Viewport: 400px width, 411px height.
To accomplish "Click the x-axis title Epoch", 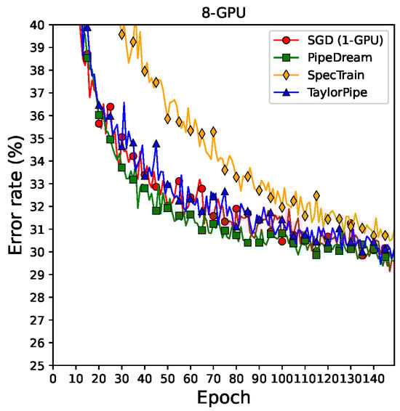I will coord(224,397).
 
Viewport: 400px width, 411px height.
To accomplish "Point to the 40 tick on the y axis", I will coord(38,25).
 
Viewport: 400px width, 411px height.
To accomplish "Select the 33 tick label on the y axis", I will coord(38,184).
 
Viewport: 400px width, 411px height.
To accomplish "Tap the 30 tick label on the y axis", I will coord(38,252).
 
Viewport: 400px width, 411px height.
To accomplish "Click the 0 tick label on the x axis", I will coord(52,378).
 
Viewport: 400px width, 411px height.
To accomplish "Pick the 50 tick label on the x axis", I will coord(167,378).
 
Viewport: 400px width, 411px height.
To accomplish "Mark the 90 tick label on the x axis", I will coord(259,378).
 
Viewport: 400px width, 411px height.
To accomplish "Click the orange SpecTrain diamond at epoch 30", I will coord(121,34).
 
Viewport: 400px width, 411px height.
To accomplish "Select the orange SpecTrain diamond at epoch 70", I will coord(213,131).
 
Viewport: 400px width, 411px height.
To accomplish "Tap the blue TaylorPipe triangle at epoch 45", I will coord(156,144).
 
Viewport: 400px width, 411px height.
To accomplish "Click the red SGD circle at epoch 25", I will coord(110,107).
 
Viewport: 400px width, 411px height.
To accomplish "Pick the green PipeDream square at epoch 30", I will coord(121,167).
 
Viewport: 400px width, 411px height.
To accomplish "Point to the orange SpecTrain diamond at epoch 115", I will coord(316,195).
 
